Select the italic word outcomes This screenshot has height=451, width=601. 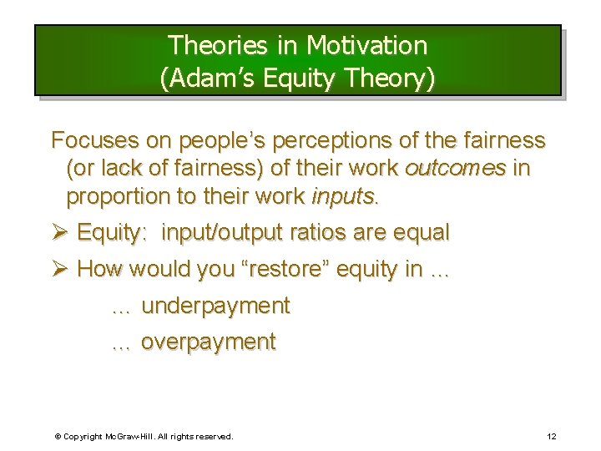click(455, 169)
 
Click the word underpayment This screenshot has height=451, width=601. click(215, 307)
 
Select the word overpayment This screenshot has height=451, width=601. click(208, 342)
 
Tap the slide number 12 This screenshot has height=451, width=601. click(551, 437)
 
